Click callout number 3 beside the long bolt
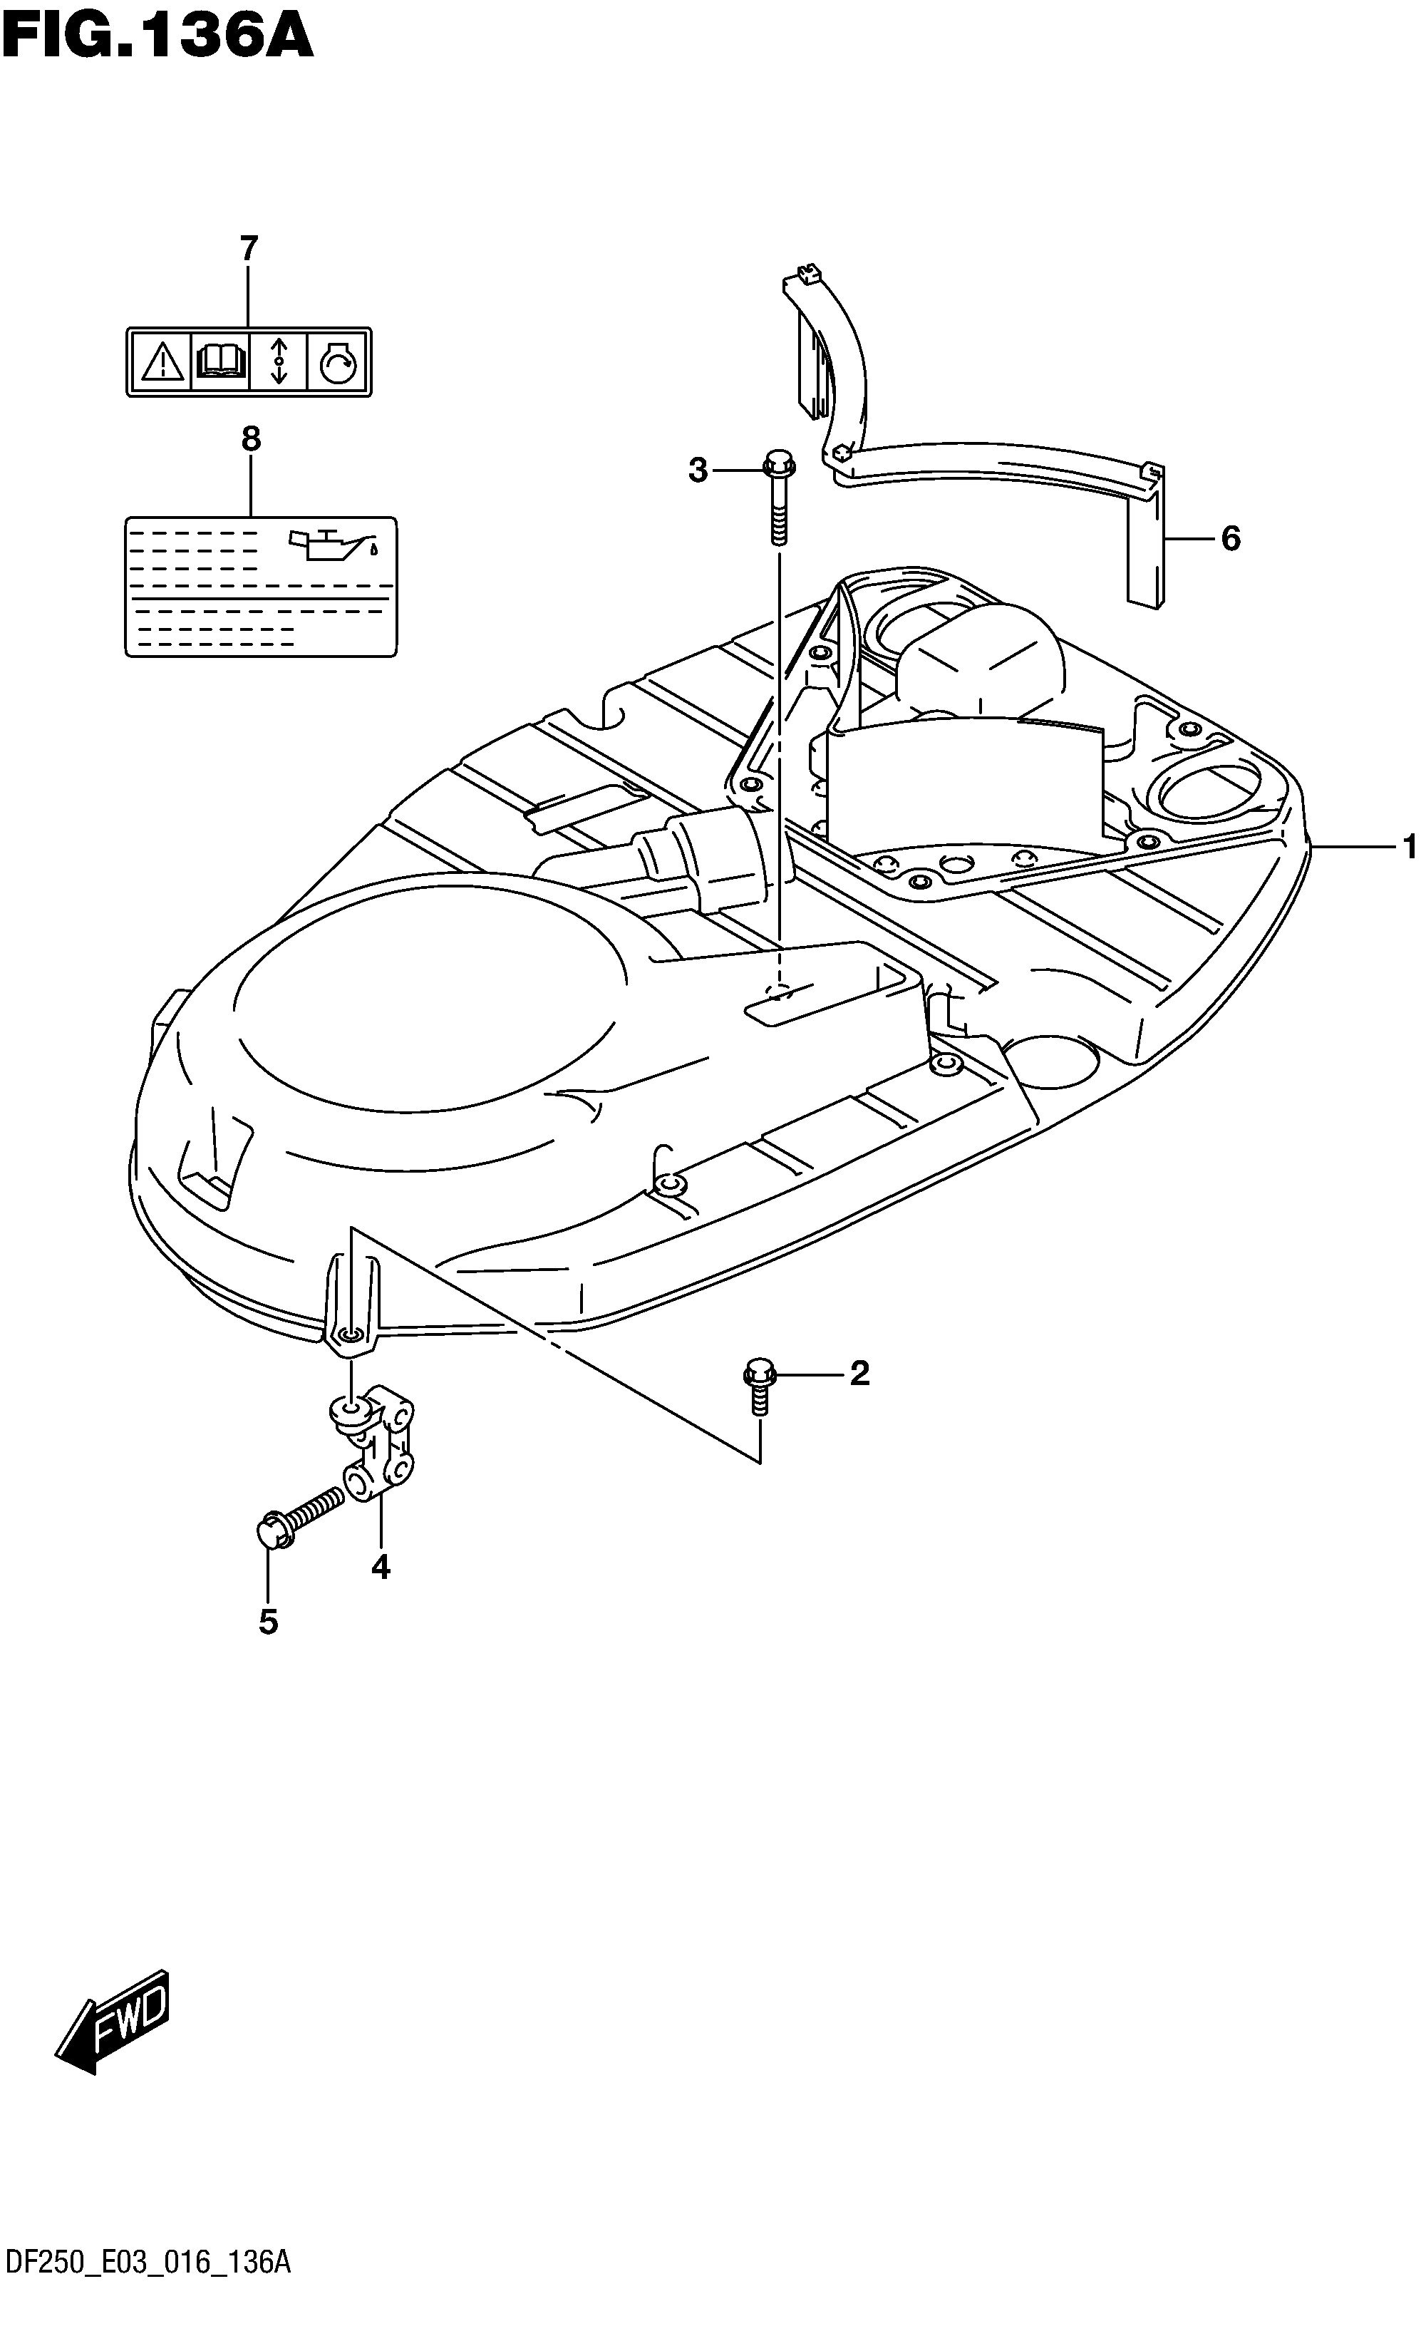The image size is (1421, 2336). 698,470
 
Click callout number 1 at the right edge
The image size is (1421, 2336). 1410,847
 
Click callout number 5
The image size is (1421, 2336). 268,1622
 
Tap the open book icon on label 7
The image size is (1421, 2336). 220,361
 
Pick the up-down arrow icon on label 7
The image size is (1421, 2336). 279,361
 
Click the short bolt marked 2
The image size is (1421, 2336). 758,1386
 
